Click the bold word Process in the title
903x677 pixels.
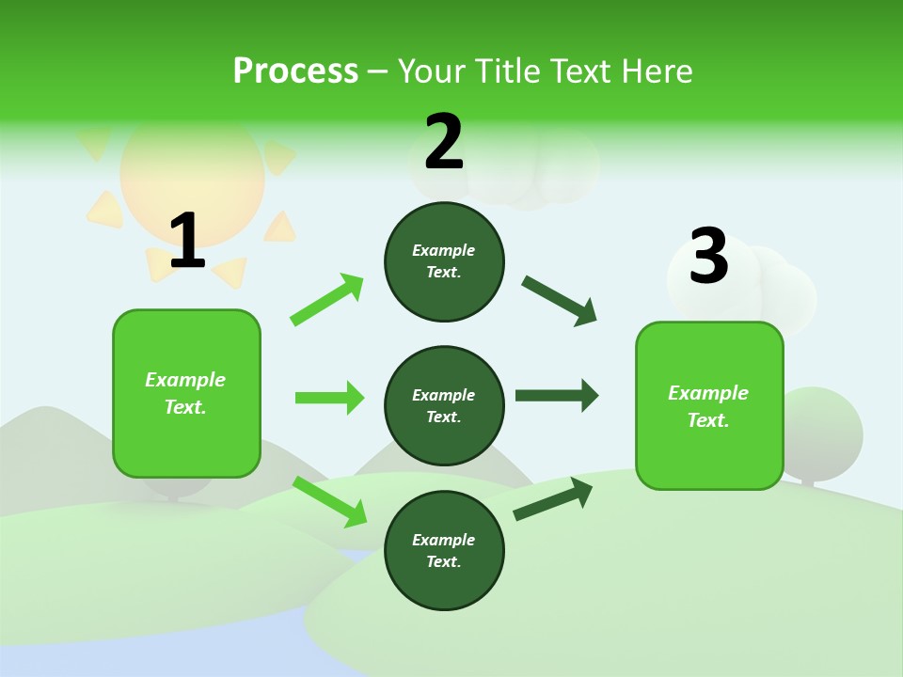(295, 71)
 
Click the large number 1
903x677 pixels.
(187, 242)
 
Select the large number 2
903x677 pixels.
(444, 142)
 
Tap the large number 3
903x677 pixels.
(708, 257)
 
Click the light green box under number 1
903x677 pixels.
(186, 393)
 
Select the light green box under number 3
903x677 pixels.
(709, 405)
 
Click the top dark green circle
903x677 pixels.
(444, 261)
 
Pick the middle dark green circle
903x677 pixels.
(444, 405)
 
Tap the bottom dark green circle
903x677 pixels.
(444, 550)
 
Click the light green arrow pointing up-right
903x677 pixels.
(327, 300)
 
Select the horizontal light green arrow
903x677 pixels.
(329, 398)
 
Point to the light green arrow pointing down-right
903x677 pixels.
(329, 501)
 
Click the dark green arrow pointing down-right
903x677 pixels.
(560, 301)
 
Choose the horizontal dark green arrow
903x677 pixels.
(556, 395)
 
